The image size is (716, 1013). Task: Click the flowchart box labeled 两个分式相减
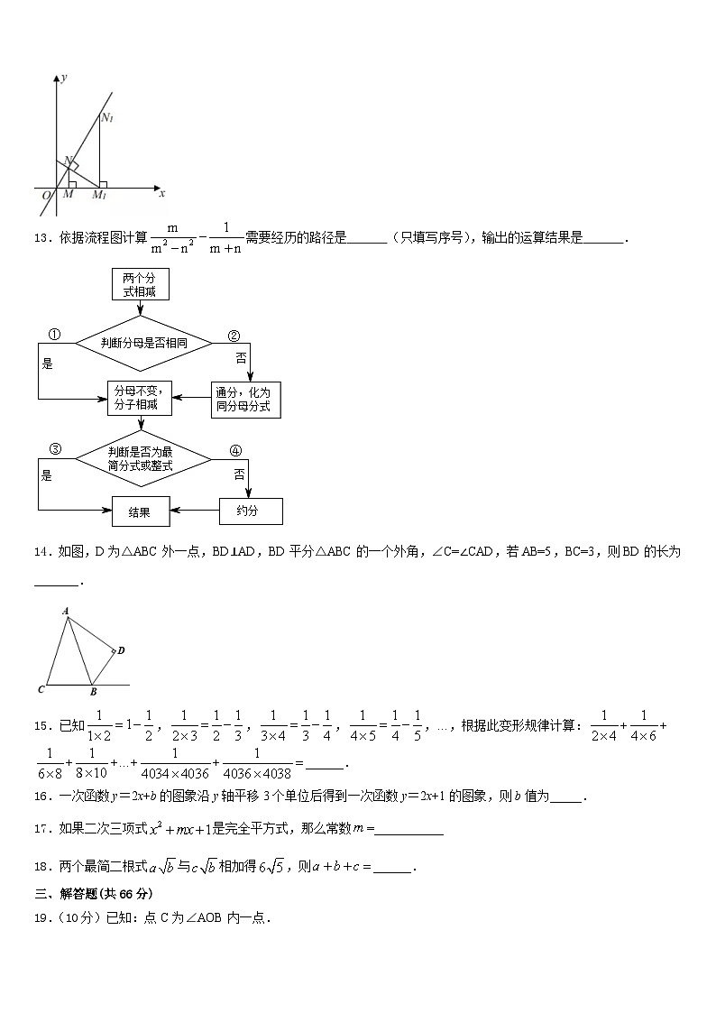click(139, 284)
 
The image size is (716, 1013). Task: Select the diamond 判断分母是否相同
click(142, 343)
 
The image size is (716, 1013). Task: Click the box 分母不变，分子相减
click(139, 398)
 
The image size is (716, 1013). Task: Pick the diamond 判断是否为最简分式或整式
click(142, 459)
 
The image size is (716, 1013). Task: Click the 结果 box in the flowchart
click(139, 511)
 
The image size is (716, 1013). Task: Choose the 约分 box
click(250, 511)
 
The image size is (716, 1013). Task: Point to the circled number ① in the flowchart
click(54, 335)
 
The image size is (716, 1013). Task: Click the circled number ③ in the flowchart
click(54, 449)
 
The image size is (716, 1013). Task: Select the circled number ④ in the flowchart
click(235, 450)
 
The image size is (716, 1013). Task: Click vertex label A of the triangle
click(66, 611)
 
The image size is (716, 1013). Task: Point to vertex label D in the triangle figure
click(121, 649)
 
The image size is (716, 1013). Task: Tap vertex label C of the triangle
click(41, 690)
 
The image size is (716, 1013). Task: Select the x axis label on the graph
click(161, 193)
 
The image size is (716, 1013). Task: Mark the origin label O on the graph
click(46, 195)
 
